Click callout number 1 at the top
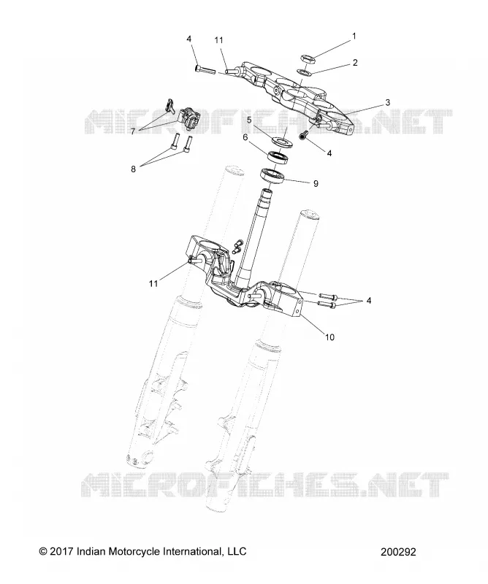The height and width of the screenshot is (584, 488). (354, 36)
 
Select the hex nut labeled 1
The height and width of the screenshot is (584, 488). (308, 58)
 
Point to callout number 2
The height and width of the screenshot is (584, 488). (354, 63)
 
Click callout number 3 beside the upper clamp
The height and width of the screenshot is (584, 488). (387, 102)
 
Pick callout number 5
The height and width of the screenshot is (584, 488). (249, 120)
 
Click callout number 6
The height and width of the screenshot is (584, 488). (245, 137)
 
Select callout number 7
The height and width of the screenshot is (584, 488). (133, 131)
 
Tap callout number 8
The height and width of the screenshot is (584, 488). (133, 169)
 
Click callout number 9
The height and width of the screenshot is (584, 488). (316, 183)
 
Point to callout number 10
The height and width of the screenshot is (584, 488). (329, 337)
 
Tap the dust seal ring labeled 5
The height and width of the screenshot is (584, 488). (282, 142)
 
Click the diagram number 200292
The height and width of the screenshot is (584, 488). (398, 552)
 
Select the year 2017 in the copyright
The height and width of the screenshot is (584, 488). (61, 551)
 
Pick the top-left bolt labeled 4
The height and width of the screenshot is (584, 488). (204, 69)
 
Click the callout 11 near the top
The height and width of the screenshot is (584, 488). (218, 40)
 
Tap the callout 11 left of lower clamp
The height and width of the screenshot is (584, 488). (153, 284)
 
